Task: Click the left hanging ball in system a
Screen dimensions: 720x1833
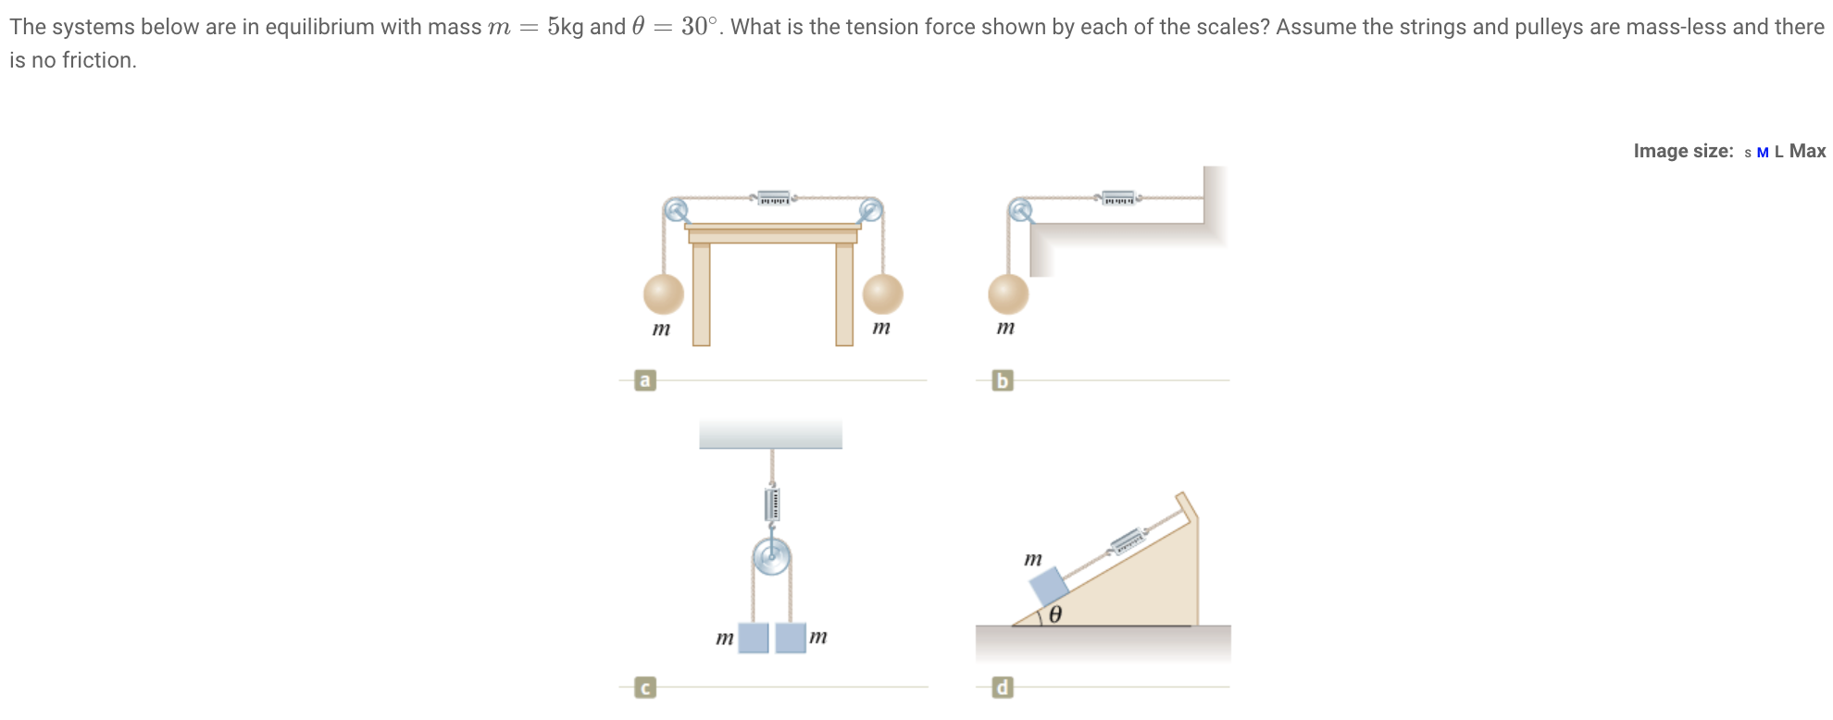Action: [x=663, y=294]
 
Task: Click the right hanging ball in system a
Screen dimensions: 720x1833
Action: [x=882, y=293]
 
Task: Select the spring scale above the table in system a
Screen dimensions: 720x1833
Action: [x=774, y=198]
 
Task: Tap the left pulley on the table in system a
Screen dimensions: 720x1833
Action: [x=677, y=209]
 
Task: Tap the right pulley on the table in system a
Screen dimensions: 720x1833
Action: [x=870, y=209]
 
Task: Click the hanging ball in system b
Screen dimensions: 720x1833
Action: [x=1008, y=294]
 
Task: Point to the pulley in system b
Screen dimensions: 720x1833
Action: [x=1020, y=210]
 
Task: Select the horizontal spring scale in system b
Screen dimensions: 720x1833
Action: [x=1118, y=198]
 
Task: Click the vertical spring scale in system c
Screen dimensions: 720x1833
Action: [x=771, y=504]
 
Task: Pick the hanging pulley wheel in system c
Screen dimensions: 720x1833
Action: [x=771, y=557]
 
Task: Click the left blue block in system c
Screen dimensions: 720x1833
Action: [x=754, y=638]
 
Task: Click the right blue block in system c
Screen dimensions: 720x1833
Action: [x=791, y=638]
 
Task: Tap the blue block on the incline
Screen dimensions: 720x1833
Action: [x=1049, y=587]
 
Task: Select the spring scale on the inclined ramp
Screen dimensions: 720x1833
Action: [x=1128, y=540]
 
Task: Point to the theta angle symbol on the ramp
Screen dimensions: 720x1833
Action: [x=1055, y=614]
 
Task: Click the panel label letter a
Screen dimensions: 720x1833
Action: [x=645, y=380]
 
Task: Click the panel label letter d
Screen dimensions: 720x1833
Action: [x=1002, y=688]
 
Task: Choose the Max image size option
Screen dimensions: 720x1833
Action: [x=1807, y=151]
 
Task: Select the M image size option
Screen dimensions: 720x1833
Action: [x=1763, y=153]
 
